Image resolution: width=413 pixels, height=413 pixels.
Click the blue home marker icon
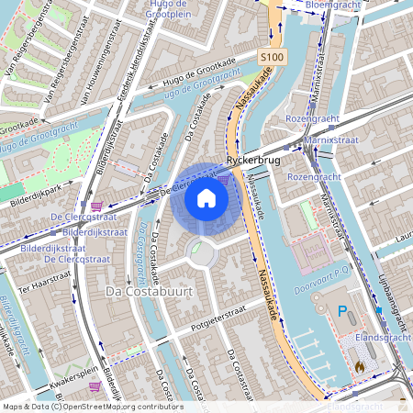(206, 198)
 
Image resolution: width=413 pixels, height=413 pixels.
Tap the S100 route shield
(270, 57)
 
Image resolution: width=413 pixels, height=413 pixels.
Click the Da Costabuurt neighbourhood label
(140, 292)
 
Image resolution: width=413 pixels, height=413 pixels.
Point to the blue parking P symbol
(342, 312)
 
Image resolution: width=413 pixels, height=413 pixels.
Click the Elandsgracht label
(383, 338)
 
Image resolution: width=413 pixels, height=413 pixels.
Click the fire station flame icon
(360, 365)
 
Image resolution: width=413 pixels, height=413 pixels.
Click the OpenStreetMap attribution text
(92, 406)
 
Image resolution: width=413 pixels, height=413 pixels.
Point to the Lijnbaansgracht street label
(392, 295)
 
